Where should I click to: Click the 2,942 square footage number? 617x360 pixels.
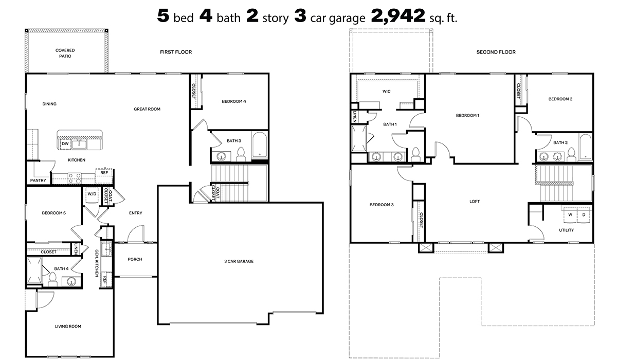point(398,16)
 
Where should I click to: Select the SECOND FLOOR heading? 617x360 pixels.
point(496,52)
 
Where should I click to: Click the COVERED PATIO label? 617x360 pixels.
point(65,53)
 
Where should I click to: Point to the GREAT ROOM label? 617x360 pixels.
point(147,109)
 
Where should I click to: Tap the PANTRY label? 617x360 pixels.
point(38,181)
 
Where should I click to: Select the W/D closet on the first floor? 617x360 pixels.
point(92,194)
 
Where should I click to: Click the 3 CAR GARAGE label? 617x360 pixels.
point(239,261)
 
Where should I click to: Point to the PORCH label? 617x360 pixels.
point(135,259)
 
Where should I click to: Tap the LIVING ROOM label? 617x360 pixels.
point(68,326)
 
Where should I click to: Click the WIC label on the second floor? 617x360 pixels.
point(387,91)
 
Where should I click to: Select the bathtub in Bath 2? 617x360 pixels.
point(586,146)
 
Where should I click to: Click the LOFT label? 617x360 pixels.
point(475,201)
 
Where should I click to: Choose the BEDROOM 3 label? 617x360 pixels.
point(382,205)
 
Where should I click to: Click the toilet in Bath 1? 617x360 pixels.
point(415,154)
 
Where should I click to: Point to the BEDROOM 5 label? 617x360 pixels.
point(53,212)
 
